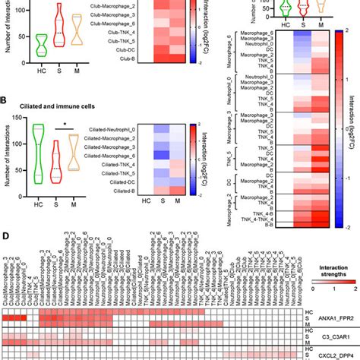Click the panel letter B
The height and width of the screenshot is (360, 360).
pyautogui.click(x=5, y=99)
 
